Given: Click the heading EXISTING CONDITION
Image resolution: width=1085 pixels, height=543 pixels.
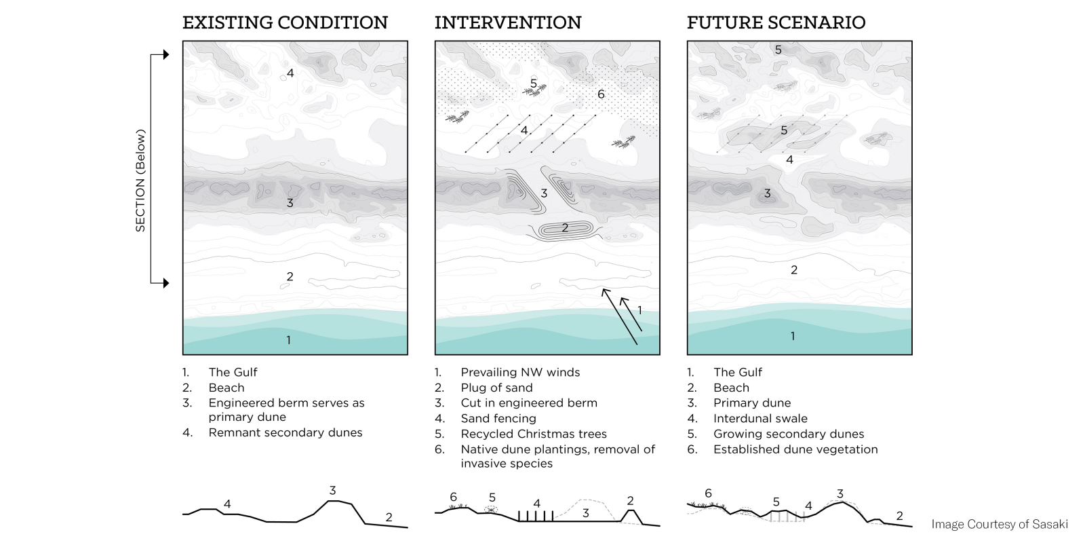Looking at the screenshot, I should (285, 22).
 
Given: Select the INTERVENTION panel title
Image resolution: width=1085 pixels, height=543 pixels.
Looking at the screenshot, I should (508, 22).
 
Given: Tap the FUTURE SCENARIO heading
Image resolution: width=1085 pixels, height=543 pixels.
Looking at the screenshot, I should (776, 22).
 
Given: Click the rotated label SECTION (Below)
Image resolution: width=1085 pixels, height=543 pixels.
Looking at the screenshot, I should (140, 181).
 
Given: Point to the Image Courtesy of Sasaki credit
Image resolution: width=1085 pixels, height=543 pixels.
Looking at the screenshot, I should (999, 524).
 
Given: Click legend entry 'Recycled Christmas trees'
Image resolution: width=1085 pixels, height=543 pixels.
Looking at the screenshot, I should (533, 434).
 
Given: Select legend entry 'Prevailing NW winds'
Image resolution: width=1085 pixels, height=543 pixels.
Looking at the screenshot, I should (519, 372).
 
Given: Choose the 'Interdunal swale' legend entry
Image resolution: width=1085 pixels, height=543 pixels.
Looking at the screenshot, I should (759, 418).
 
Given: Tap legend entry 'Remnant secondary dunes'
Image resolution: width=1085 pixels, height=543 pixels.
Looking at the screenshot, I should (285, 432).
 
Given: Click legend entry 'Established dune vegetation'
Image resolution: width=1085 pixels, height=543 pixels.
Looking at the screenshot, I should (795, 449).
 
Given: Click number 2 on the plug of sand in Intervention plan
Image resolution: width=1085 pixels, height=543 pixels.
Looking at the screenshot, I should (564, 228).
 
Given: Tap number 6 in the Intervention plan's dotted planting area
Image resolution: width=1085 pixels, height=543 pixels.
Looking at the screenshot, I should (601, 94).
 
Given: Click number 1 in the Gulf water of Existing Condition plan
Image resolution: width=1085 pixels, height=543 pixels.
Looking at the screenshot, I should (288, 340).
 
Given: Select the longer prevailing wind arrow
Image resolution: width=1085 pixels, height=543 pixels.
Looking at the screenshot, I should (620, 316).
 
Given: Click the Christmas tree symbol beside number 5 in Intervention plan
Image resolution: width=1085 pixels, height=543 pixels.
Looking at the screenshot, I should (535, 90).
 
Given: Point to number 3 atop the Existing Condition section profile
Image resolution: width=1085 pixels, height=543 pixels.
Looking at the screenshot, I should (332, 490).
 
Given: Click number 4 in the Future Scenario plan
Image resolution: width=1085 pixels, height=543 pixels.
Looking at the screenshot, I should (789, 160).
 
